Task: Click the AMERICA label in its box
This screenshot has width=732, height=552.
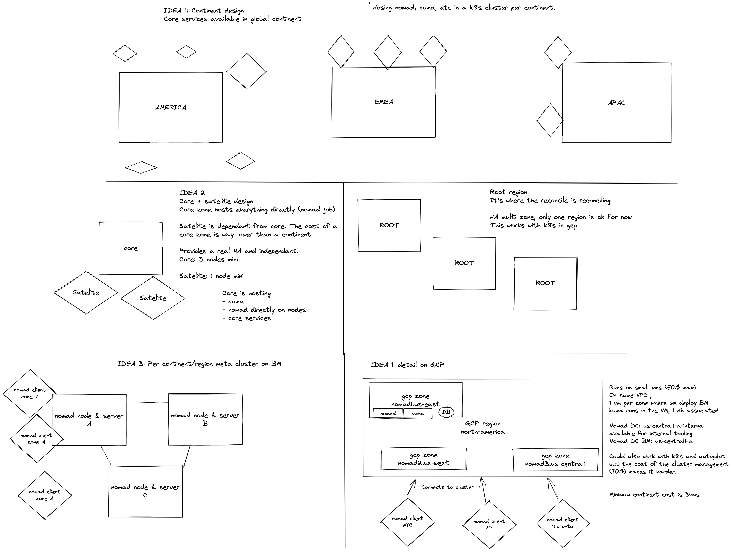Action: tap(171, 107)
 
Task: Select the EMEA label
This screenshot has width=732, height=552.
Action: tap(384, 102)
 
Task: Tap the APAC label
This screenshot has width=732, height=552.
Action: tap(616, 103)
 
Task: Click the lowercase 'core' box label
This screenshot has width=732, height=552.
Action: tap(131, 248)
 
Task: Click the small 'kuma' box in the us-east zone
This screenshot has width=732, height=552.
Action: tap(418, 413)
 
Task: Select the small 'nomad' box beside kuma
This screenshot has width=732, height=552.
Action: tap(388, 413)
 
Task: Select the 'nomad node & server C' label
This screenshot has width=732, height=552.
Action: tap(145, 491)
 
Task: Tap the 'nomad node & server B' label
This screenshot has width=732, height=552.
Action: tap(205, 419)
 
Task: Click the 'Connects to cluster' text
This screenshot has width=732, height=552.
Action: tap(447, 487)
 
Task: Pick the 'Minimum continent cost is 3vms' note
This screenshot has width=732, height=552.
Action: tap(654, 495)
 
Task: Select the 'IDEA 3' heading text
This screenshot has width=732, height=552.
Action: tap(199, 364)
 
